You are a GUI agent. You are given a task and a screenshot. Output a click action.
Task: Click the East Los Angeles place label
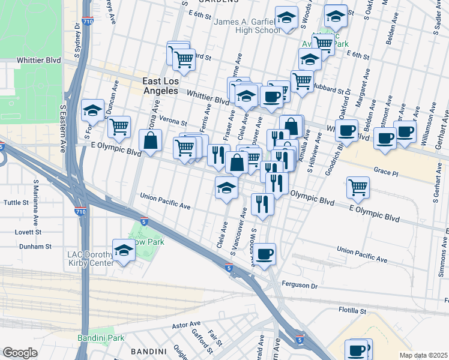point(160,85)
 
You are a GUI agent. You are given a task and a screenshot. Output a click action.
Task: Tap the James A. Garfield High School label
point(247,26)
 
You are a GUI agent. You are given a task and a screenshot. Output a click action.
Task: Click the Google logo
point(20,353)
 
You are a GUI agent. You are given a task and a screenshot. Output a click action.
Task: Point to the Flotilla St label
point(352,311)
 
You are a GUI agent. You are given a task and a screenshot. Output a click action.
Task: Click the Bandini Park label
point(101,338)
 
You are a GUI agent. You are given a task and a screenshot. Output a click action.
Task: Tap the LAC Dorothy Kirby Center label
point(90,259)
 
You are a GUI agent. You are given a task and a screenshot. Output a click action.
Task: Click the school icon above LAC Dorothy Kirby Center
point(124,251)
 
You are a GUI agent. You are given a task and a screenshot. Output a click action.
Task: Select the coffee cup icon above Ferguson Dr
point(264,254)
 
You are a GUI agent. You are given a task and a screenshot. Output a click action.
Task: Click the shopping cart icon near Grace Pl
point(358,187)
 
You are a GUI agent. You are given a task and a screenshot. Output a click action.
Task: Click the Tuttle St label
point(16,203)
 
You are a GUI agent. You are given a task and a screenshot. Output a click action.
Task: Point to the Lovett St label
point(28,232)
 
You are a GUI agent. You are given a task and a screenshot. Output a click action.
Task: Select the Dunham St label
point(35,247)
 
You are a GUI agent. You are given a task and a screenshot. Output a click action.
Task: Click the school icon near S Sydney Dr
point(92,110)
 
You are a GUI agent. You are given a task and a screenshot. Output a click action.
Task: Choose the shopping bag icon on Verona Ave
point(149,141)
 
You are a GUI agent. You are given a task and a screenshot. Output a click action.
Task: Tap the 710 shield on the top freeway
point(88,22)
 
